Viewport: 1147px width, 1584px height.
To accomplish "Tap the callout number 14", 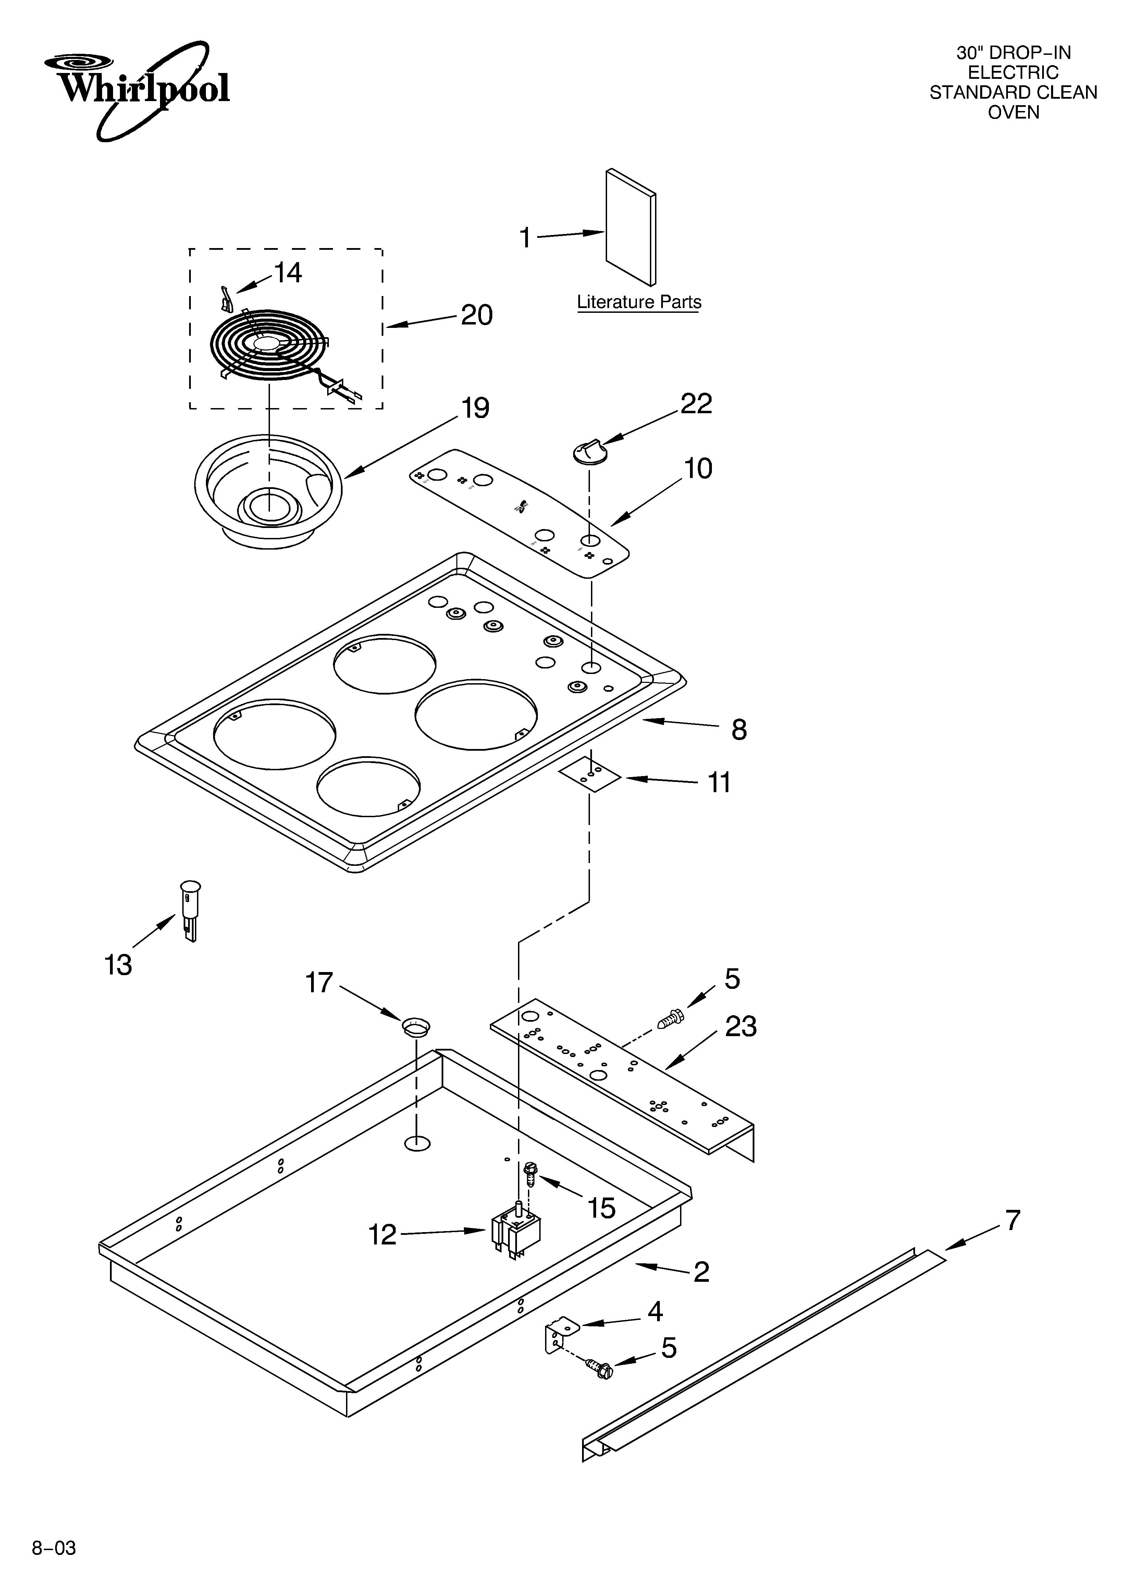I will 287,272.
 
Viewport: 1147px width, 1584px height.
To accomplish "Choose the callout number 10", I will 698,469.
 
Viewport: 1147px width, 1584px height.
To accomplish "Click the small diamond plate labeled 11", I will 590,776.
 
